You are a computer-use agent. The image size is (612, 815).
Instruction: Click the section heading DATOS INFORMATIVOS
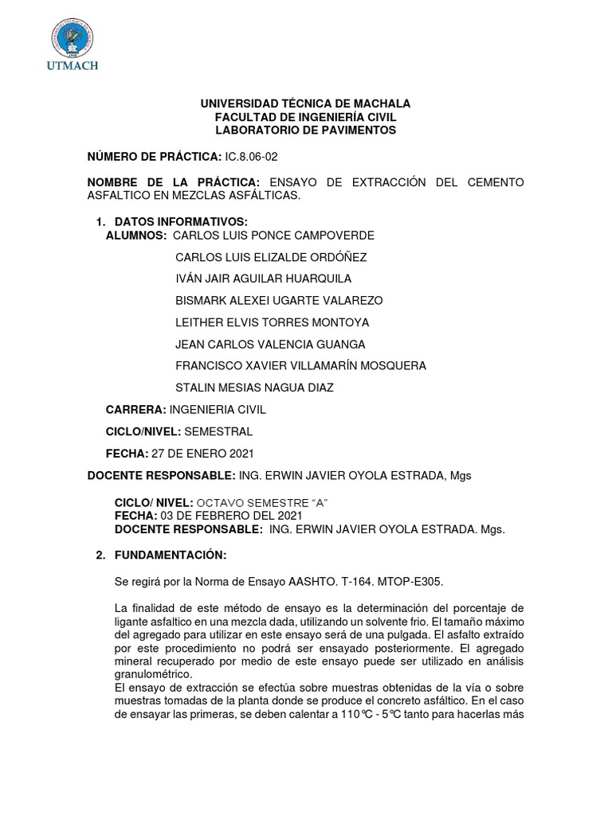181,220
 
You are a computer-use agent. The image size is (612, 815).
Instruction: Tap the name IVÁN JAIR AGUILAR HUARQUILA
263,279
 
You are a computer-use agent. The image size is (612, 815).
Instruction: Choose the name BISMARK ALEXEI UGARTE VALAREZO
279,300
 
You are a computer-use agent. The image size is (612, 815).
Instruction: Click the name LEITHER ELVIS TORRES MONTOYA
272,322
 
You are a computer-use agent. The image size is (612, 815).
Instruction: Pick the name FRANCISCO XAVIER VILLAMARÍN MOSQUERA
300,365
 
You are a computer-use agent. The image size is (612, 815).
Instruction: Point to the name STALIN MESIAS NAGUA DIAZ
254,388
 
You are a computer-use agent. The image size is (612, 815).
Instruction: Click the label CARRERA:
136,409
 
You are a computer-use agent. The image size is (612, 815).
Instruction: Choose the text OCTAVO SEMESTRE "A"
262,504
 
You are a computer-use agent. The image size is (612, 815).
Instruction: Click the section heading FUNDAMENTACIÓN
171,554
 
